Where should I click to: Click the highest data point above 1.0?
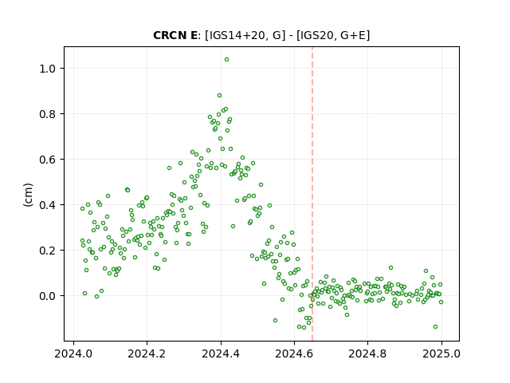click(x=226, y=60)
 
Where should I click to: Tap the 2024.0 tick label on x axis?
click(x=73, y=353)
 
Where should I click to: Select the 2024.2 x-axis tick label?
click(x=147, y=353)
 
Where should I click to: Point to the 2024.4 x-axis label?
click(x=221, y=353)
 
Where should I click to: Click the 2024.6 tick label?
click(x=294, y=353)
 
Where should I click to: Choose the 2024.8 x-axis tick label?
click(x=367, y=353)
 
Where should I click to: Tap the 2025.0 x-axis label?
click(x=441, y=353)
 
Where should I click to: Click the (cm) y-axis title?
click(x=29, y=195)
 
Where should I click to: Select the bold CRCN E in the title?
click(x=175, y=35)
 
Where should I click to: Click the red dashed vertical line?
click(x=312, y=194)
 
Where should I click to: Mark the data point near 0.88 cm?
click(x=220, y=96)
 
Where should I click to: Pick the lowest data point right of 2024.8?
click(x=435, y=326)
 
